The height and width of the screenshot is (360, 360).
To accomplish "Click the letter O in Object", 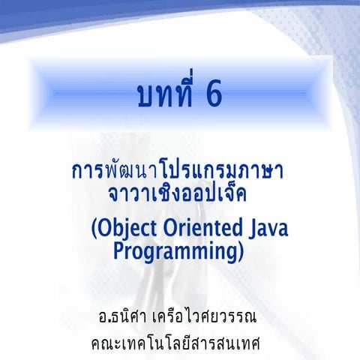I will click(106, 227).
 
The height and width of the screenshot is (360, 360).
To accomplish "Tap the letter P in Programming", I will click(120, 250).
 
